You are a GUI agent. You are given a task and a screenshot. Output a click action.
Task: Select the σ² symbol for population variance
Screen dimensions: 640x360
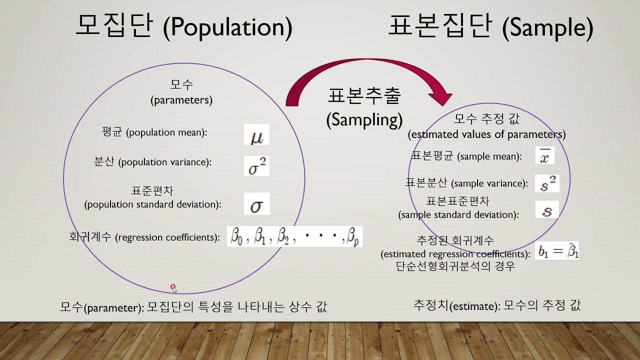[256, 166]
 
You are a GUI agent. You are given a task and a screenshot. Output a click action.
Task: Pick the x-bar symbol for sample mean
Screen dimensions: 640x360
[545, 155]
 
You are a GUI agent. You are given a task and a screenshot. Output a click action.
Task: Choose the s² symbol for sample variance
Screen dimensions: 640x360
[547, 183]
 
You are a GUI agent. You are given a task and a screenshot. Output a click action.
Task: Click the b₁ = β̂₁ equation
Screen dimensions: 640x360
[558, 250]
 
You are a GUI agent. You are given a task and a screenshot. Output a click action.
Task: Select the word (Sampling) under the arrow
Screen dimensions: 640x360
[364, 119]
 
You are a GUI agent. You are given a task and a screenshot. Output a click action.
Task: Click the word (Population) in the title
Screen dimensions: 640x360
[227, 27]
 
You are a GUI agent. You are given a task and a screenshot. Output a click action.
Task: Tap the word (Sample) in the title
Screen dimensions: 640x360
[547, 28]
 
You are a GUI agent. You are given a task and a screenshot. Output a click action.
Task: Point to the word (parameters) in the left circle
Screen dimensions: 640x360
[181, 100]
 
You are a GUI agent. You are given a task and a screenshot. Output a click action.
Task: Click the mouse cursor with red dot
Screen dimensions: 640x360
[173, 288]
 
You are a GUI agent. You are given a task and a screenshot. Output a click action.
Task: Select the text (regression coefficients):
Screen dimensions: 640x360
[167, 237]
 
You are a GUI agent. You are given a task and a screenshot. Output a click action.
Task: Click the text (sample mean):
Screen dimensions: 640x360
[489, 156]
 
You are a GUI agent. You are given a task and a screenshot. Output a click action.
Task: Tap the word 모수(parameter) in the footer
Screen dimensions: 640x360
[102, 307]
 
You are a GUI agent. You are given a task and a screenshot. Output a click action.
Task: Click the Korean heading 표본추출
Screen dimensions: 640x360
[364, 95]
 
